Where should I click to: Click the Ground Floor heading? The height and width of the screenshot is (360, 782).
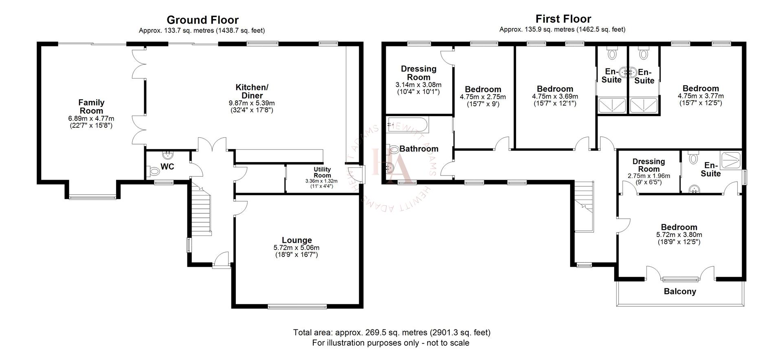click(202, 20)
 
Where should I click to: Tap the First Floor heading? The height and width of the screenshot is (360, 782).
click(563, 19)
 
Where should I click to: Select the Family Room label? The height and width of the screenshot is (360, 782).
click(91, 106)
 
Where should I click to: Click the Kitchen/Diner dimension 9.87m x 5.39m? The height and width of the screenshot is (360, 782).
click(252, 103)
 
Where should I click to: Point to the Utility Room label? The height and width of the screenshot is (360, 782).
click(322, 172)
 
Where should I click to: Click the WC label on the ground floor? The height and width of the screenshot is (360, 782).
click(167, 167)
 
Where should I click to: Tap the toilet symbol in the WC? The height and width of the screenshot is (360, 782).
click(154, 171)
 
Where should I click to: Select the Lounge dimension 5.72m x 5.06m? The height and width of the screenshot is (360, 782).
click(296, 248)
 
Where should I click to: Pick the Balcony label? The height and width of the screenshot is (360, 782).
click(680, 292)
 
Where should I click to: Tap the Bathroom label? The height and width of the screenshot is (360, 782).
click(419, 149)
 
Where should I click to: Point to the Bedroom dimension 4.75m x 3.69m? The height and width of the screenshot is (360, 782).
click(555, 97)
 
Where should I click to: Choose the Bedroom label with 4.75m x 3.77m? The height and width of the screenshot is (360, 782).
click(701, 89)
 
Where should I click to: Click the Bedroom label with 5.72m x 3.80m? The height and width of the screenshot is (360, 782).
click(679, 227)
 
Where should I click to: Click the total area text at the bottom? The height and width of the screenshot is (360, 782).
click(391, 332)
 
